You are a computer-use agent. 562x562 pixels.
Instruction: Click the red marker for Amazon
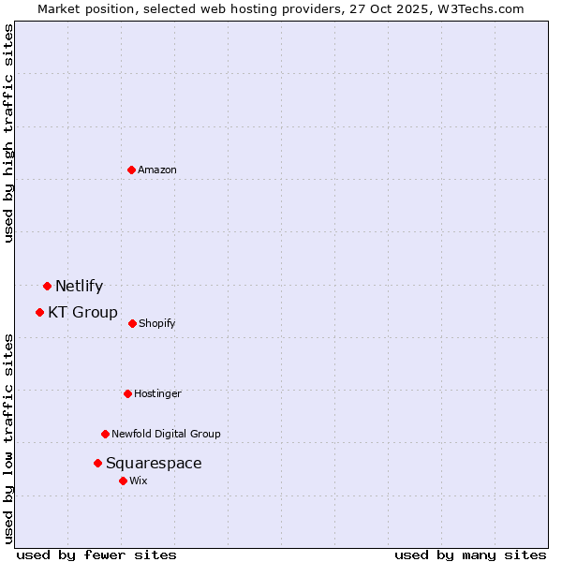[132, 170]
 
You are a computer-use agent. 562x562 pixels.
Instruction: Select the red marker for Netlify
[47, 286]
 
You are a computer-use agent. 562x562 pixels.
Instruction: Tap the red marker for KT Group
[39, 312]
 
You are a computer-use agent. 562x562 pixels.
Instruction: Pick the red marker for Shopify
[132, 323]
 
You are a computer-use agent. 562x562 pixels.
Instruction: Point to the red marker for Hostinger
[127, 393]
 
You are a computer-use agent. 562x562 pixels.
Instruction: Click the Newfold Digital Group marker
[105, 434]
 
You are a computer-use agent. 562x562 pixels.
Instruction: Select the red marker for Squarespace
[97, 463]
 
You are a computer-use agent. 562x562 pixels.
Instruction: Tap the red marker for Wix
[123, 481]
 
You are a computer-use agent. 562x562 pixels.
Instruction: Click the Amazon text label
[157, 170]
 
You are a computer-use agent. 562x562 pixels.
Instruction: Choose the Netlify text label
[79, 286]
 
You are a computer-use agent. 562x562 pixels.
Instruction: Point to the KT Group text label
[82, 312]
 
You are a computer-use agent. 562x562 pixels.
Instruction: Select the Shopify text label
[157, 323]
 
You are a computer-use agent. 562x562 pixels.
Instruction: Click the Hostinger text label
[157, 393]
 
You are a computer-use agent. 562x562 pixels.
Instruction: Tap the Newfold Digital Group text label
[166, 434]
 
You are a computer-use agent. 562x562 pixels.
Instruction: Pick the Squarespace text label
[154, 463]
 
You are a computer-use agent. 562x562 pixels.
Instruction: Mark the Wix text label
[139, 481]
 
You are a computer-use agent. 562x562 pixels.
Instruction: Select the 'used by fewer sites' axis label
[96, 555]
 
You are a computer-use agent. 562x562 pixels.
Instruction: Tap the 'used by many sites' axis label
[470, 555]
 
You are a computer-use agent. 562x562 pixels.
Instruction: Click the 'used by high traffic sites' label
[8, 133]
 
